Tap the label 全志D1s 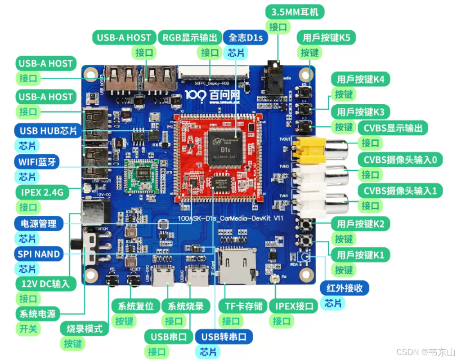tap(245, 37)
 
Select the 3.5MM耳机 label tap(295, 12)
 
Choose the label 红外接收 tap(345, 288)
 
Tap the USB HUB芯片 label tap(48, 131)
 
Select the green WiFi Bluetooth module tap(142, 175)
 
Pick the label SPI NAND tap(39, 254)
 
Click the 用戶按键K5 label tap(326, 37)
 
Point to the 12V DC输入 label tap(45, 284)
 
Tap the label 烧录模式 tap(84, 329)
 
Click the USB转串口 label tap(224, 336)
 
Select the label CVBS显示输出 tap(393, 128)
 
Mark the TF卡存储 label tap(243, 307)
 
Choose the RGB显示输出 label tap(189, 37)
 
